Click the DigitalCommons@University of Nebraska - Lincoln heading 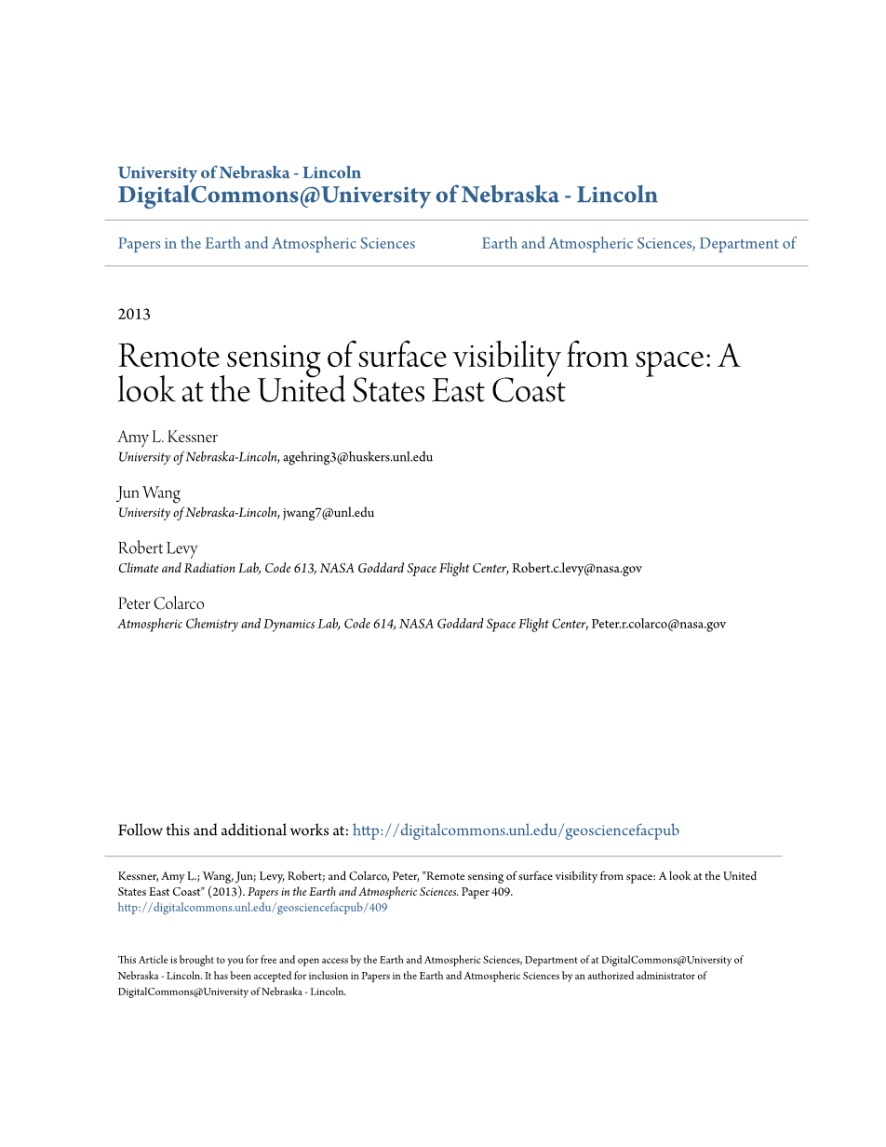pyautogui.click(x=387, y=196)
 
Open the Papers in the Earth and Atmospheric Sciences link pyautogui.click(x=266, y=244)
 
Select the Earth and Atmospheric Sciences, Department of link pyautogui.click(x=638, y=244)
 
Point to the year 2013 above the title pyautogui.click(x=134, y=315)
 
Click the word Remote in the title pyautogui.click(x=168, y=357)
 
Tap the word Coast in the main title pyautogui.click(x=528, y=391)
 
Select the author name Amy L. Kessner pyautogui.click(x=168, y=438)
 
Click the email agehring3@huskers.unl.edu pyautogui.click(x=358, y=457)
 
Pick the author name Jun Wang pyautogui.click(x=149, y=493)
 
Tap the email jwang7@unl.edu pyautogui.click(x=329, y=513)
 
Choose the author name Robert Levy pyautogui.click(x=157, y=548)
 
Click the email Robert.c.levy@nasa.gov pyautogui.click(x=577, y=569)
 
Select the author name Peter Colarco pyautogui.click(x=161, y=604)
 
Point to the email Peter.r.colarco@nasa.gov pyautogui.click(x=658, y=625)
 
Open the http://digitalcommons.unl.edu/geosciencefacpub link pyautogui.click(x=516, y=830)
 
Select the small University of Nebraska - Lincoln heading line pyautogui.click(x=239, y=173)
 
